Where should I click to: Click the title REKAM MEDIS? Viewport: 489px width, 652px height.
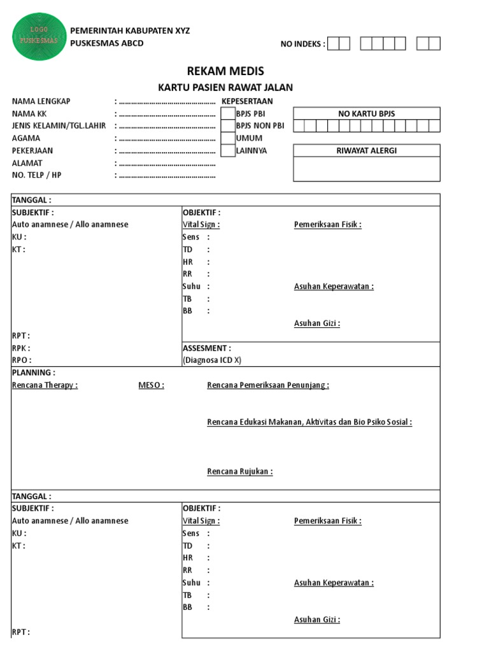tap(225, 71)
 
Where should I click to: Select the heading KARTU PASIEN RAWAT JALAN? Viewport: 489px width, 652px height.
tap(225, 88)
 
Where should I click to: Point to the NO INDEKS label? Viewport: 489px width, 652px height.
tap(302, 44)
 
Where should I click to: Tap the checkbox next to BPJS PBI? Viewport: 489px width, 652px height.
tap(227, 113)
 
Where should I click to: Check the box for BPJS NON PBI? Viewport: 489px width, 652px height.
tap(227, 126)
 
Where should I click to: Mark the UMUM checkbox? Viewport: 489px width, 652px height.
tap(227, 138)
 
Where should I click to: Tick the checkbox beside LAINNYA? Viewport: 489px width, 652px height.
tap(227, 151)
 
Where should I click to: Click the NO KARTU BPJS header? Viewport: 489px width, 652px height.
tap(366, 113)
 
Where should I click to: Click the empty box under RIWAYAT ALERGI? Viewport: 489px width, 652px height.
tap(366, 169)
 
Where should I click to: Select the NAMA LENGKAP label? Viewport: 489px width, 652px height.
tap(41, 101)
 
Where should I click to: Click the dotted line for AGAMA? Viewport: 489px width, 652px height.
tap(167, 138)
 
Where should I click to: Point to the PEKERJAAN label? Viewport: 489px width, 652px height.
tap(32, 151)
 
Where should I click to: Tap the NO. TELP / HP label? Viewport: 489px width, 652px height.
tap(37, 175)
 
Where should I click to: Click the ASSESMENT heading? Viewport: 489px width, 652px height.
tap(207, 348)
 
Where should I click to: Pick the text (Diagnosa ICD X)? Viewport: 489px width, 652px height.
tap(212, 360)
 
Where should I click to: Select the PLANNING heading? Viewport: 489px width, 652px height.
tap(34, 372)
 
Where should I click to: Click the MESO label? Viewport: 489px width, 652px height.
tap(151, 385)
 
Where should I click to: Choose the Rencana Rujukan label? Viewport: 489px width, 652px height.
tap(240, 472)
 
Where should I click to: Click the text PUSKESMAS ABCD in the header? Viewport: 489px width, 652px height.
tap(106, 43)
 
